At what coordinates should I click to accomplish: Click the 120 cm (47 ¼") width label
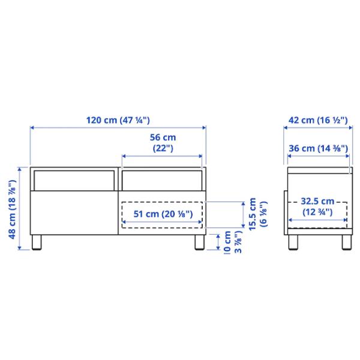pos(118,119)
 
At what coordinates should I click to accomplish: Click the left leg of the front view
pos(38,243)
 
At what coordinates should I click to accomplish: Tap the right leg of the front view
pos(197,243)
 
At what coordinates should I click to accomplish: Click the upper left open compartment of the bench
pos(73,178)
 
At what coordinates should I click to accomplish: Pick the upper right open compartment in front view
pos(162,178)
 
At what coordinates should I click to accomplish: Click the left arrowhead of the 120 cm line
pos(32,128)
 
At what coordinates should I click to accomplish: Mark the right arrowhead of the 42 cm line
pos(350,128)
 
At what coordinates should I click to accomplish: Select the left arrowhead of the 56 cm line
pos(124,157)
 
